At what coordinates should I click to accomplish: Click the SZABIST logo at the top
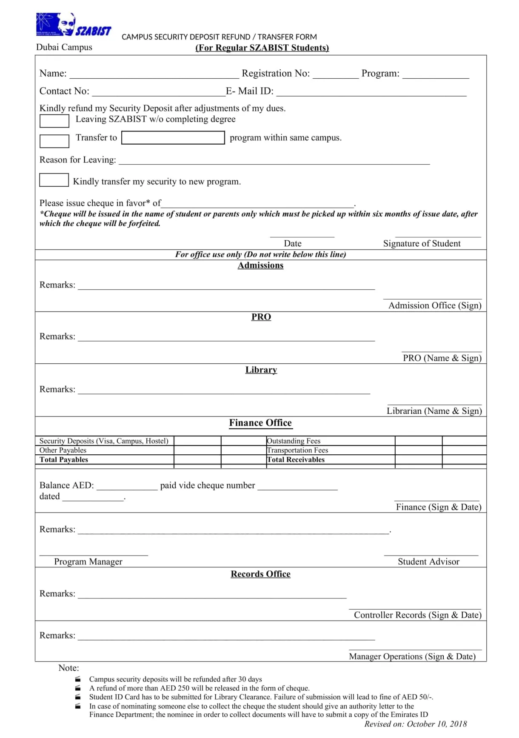tap(73, 25)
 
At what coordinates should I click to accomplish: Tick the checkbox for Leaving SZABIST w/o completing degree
tap(54, 121)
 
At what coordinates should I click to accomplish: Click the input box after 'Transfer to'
tap(173, 137)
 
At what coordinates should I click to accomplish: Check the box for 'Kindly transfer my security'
tap(54, 180)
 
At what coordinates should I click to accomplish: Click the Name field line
tap(154, 75)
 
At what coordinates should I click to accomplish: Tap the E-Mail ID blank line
tap(371, 93)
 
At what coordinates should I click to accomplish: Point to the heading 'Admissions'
tap(260, 265)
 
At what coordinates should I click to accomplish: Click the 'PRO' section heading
tap(261, 317)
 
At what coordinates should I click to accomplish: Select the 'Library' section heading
tap(261, 370)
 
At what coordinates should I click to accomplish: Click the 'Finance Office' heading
tap(260, 423)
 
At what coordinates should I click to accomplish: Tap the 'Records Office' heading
tap(260, 574)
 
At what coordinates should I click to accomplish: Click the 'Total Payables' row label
tap(64, 459)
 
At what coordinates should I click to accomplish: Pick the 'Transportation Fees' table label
tap(298, 450)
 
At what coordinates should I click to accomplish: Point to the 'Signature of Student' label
tap(422, 243)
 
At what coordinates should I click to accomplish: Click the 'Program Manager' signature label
tap(88, 561)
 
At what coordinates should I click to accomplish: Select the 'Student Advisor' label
tap(428, 561)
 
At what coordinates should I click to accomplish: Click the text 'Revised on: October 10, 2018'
tap(415, 724)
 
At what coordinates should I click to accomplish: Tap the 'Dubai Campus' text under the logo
tap(64, 47)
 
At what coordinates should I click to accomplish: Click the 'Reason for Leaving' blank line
tap(274, 161)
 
